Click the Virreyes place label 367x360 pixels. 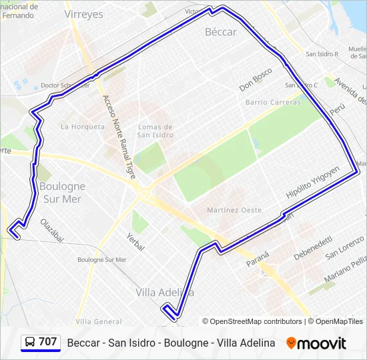pos(84,14)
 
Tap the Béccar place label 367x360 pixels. pos(221,32)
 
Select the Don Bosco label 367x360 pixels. pos(256,79)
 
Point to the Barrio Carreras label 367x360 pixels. pos(273,102)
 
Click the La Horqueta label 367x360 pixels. pos(83,126)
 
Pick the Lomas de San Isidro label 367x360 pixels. pos(155,131)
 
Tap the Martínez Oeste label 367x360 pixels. pos(234,210)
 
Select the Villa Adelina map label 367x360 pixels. pos(165,292)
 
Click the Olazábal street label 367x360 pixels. pos(51,230)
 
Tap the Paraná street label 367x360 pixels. pos(258,258)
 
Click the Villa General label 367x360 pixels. pos(99,321)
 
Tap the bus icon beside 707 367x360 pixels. pos(30,342)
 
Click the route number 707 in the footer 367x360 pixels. pos(48,342)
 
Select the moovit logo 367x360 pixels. pos(316,343)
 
